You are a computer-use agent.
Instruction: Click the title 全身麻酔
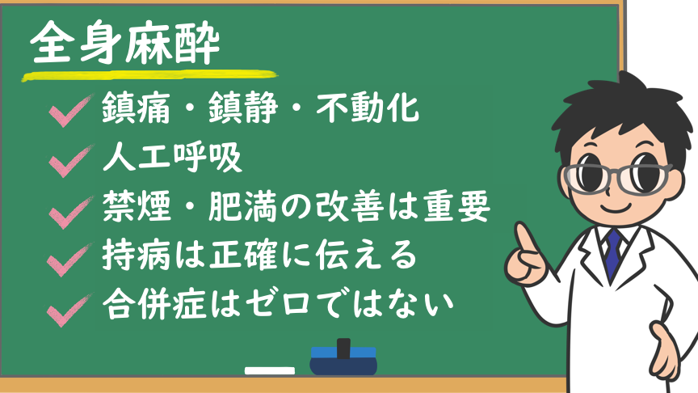click(125, 43)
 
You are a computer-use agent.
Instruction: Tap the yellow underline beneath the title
click(149, 76)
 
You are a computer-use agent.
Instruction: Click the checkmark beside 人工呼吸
click(71, 160)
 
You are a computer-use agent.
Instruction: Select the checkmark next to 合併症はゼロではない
click(70, 310)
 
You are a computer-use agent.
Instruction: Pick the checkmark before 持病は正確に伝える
click(70, 260)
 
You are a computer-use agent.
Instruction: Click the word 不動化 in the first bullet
click(368, 108)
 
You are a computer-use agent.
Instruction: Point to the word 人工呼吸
click(172, 158)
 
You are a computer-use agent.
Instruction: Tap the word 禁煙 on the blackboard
click(137, 206)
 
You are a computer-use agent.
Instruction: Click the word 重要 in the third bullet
click(456, 206)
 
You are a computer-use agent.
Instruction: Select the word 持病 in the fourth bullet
click(137, 255)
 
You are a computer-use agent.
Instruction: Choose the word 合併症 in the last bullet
click(155, 305)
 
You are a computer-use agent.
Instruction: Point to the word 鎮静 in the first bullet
click(243, 108)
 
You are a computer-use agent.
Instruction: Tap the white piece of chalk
click(270, 370)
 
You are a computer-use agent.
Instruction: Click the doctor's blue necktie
click(613, 253)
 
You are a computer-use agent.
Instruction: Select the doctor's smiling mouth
click(616, 207)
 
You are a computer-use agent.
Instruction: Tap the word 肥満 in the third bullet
click(242, 206)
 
